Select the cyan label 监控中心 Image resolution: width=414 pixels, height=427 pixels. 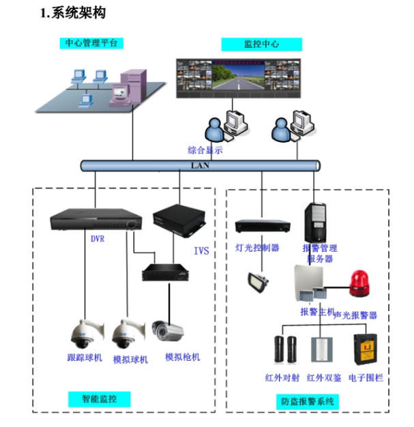coord(261,45)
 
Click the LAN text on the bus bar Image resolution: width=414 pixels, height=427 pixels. coord(199,165)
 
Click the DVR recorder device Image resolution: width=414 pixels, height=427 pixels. coord(96,220)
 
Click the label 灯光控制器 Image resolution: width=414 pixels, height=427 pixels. coord(257,248)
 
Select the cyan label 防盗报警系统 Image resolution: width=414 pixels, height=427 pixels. coord(308,402)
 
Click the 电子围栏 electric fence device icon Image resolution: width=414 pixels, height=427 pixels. coord(363,348)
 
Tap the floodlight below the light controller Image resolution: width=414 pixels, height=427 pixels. coord(259,280)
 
